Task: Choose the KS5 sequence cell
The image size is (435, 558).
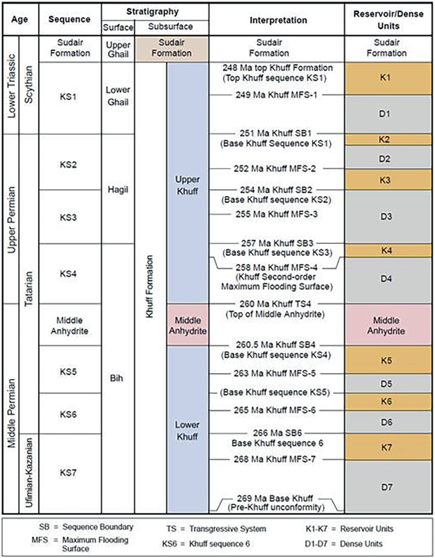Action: [70, 369]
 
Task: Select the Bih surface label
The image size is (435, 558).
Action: [117, 378]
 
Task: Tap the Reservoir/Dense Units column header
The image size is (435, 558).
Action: [388, 20]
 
